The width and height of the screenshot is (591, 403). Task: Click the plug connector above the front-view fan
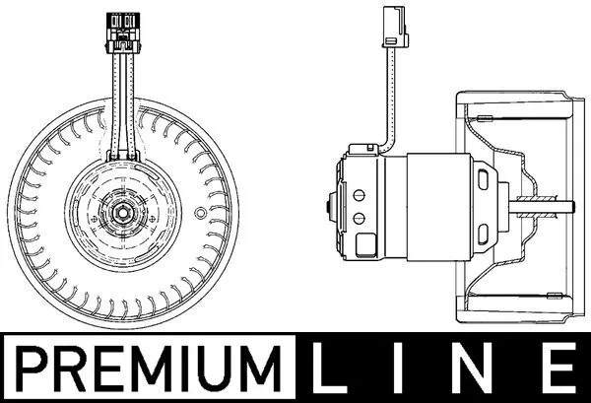pos(124,31)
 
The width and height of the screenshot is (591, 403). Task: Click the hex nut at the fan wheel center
pos(123,209)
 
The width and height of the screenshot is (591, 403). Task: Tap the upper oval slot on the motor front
pos(485,178)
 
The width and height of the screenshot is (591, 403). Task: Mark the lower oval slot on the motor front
pos(485,234)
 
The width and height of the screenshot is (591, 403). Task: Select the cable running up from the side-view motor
pos(390,99)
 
